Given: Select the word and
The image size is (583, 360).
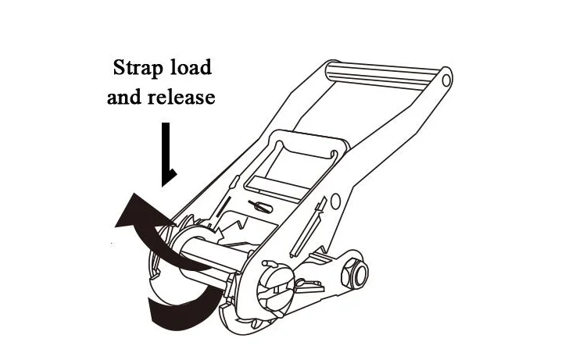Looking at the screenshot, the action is click(127, 98).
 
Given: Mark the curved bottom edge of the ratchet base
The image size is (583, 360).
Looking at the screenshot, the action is click(258, 328).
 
